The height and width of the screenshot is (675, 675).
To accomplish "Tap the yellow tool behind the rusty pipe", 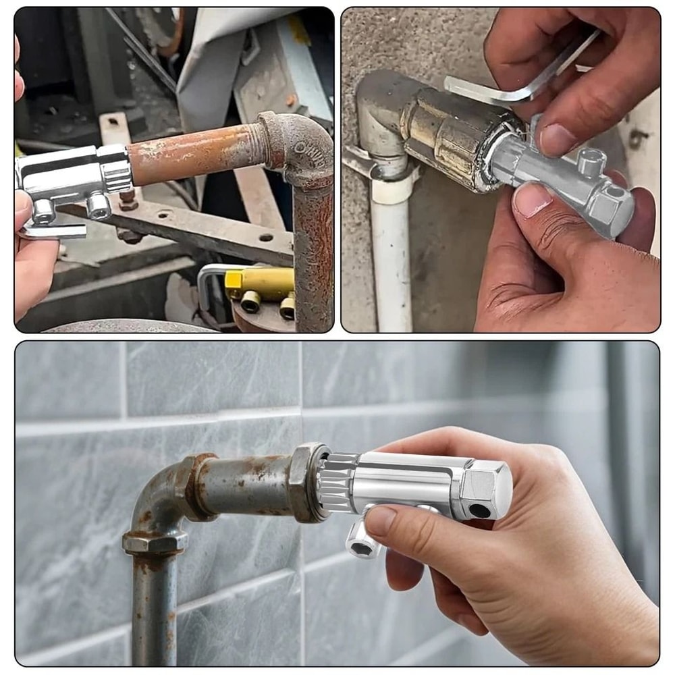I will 260,283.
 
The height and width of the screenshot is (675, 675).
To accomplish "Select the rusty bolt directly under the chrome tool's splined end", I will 127,199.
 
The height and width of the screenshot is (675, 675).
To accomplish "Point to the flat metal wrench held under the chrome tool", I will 54,231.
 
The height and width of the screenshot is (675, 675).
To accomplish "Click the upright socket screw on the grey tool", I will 591,163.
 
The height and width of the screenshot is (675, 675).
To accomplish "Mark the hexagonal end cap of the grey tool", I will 611,209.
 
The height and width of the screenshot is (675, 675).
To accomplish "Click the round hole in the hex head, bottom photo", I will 480,511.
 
